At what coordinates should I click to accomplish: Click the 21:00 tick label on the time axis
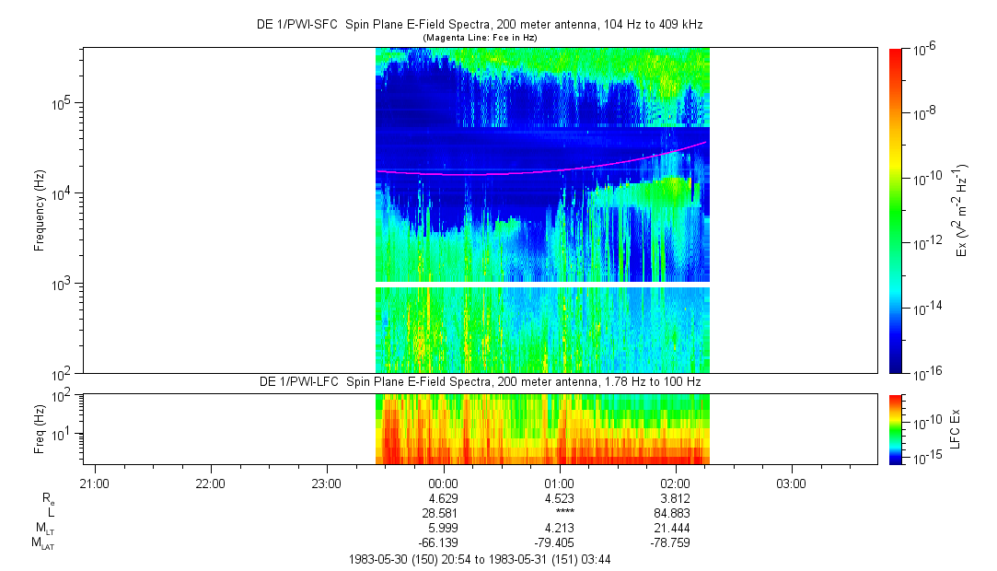95,484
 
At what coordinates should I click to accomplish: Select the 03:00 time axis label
791,484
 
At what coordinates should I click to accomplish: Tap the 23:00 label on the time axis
327,484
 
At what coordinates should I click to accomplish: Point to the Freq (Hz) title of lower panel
41,429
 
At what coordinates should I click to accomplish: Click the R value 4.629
444,497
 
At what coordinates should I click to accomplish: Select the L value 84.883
676,512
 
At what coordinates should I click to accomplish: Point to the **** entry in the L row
560,512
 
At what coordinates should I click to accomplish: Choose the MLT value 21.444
676,528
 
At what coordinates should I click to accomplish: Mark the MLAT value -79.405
560,542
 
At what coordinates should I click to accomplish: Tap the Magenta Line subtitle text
479,37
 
